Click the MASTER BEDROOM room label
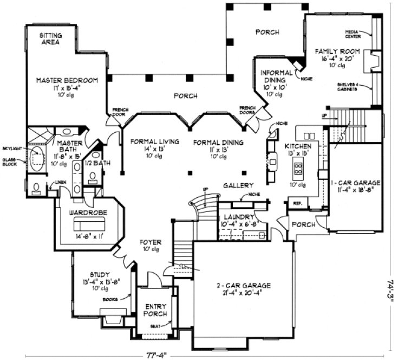pyautogui.click(x=67, y=80)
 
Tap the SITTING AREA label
pyautogui.click(x=51, y=38)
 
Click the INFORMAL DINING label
pyautogui.click(x=277, y=76)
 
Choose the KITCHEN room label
pyautogui.click(x=298, y=146)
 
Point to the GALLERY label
pyautogui.click(x=238, y=185)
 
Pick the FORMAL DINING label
pyautogui.click(x=218, y=143)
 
